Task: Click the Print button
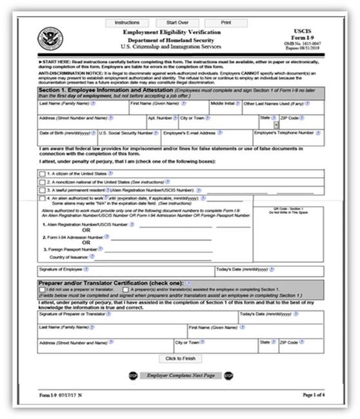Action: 226,23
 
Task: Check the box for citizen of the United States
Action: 42,174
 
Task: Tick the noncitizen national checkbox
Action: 42,182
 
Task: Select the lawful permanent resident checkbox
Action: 42,191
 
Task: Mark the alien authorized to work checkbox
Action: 42,199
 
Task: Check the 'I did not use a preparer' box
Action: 42,291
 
